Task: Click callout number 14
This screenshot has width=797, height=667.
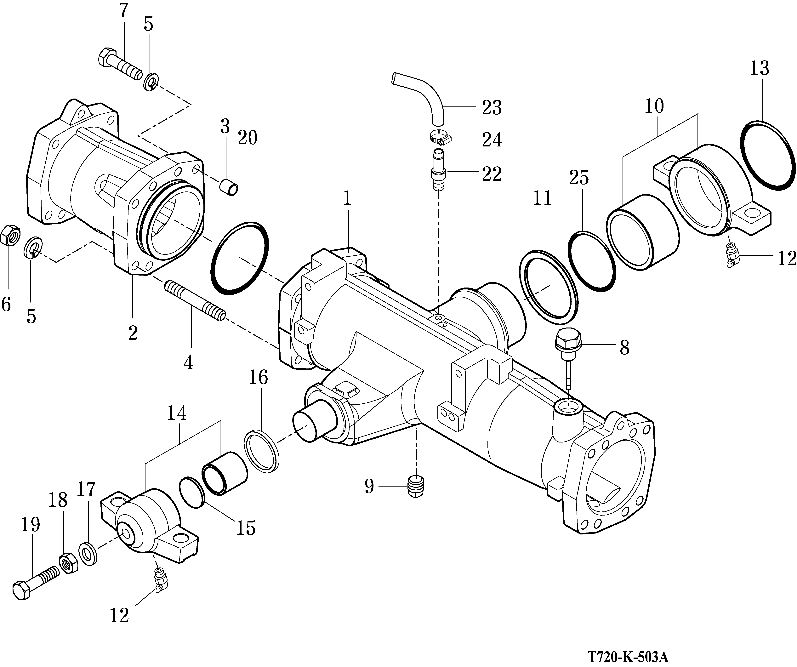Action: pyautogui.click(x=177, y=413)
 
